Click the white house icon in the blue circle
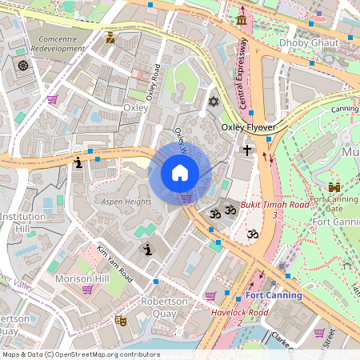click(x=180, y=173)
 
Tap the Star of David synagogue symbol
click(x=213, y=102)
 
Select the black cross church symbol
click(x=248, y=150)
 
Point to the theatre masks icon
click(x=121, y=320)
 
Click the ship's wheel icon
click(x=22, y=65)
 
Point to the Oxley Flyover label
click(x=248, y=127)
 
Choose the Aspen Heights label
click(x=126, y=202)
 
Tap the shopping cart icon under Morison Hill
click(x=87, y=290)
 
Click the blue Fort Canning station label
click(x=273, y=295)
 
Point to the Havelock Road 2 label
click(x=241, y=317)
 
